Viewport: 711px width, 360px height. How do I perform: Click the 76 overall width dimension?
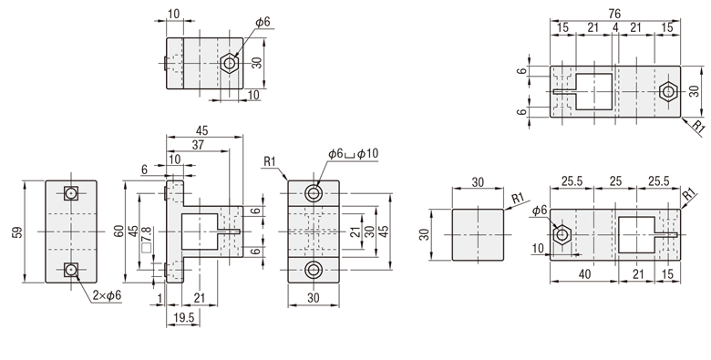(x=615, y=14)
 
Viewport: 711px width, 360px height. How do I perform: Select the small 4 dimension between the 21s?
(x=615, y=27)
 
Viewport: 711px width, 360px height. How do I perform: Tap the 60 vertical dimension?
(x=118, y=231)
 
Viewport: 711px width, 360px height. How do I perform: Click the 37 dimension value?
(x=198, y=145)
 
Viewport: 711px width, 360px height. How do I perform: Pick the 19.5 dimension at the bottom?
(x=183, y=318)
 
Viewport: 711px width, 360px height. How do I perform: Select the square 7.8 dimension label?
(x=147, y=240)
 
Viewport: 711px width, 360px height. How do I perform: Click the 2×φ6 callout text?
(x=107, y=295)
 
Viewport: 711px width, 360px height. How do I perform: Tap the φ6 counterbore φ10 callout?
(x=353, y=154)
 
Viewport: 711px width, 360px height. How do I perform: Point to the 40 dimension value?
(x=585, y=273)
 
